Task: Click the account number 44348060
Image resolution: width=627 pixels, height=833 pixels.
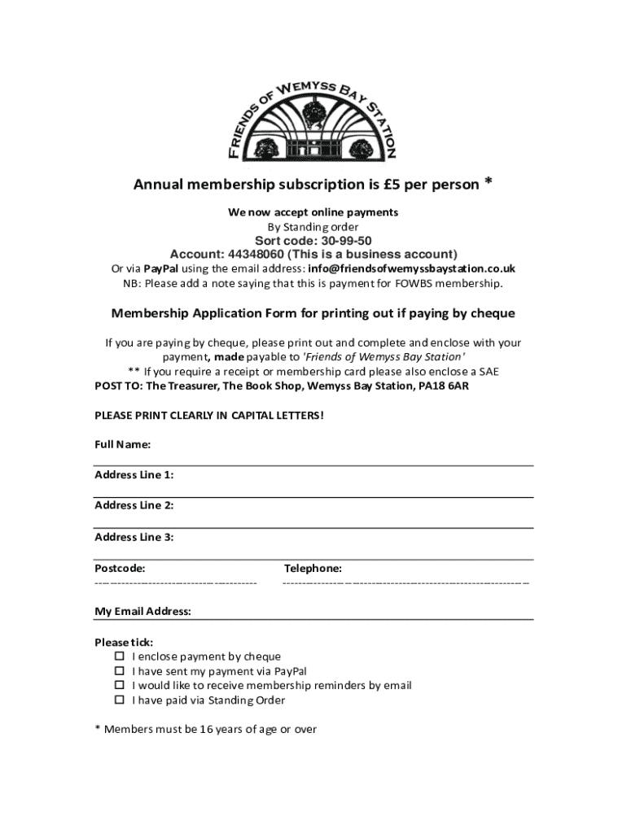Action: click(x=265, y=254)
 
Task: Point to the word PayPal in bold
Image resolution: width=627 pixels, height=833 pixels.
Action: click(x=161, y=268)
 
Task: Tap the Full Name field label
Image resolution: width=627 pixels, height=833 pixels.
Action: click(x=122, y=445)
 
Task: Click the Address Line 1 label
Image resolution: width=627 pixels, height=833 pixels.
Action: click(x=134, y=475)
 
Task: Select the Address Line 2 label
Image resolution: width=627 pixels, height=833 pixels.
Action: click(x=134, y=505)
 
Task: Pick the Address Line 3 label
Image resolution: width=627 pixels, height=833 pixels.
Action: click(x=134, y=537)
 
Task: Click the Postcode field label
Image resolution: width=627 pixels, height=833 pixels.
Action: click(x=120, y=569)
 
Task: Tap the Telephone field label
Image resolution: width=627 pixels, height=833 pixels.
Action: click(x=313, y=569)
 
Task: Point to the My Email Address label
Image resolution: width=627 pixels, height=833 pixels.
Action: click(x=142, y=612)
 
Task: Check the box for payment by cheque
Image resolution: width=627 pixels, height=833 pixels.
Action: click(x=119, y=656)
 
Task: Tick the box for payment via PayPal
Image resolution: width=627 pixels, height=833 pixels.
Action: click(x=119, y=671)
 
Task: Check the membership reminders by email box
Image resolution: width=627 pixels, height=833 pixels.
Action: click(x=119, y=686)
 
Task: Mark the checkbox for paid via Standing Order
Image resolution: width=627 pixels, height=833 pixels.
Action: click(x=119, y=700)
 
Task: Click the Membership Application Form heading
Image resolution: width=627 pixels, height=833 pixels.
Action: click(x=313, y=314)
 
